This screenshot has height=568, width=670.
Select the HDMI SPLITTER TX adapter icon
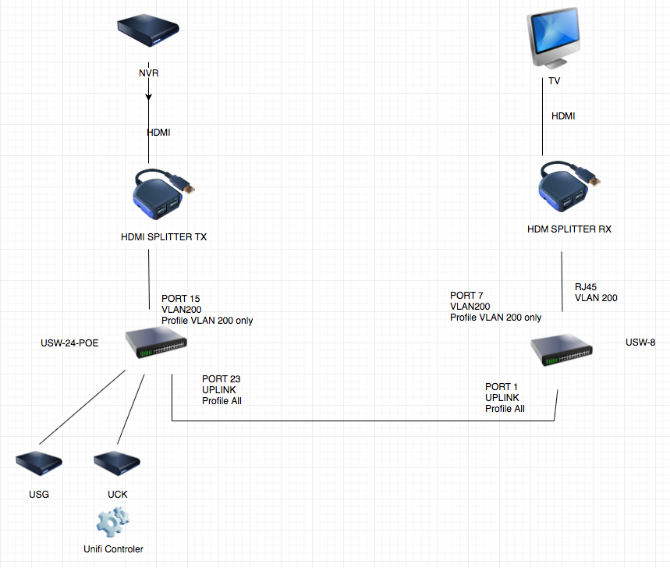tap(160, 194)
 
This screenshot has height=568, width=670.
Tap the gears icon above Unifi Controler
tap(113, 520)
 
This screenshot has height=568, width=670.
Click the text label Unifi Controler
tap(113, 548)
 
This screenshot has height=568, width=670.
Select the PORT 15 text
tap(181, 299)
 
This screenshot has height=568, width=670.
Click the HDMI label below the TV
tap(563, 116)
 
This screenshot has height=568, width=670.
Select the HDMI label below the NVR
tap(159, 133)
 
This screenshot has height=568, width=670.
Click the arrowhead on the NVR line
tap(149, 98)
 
